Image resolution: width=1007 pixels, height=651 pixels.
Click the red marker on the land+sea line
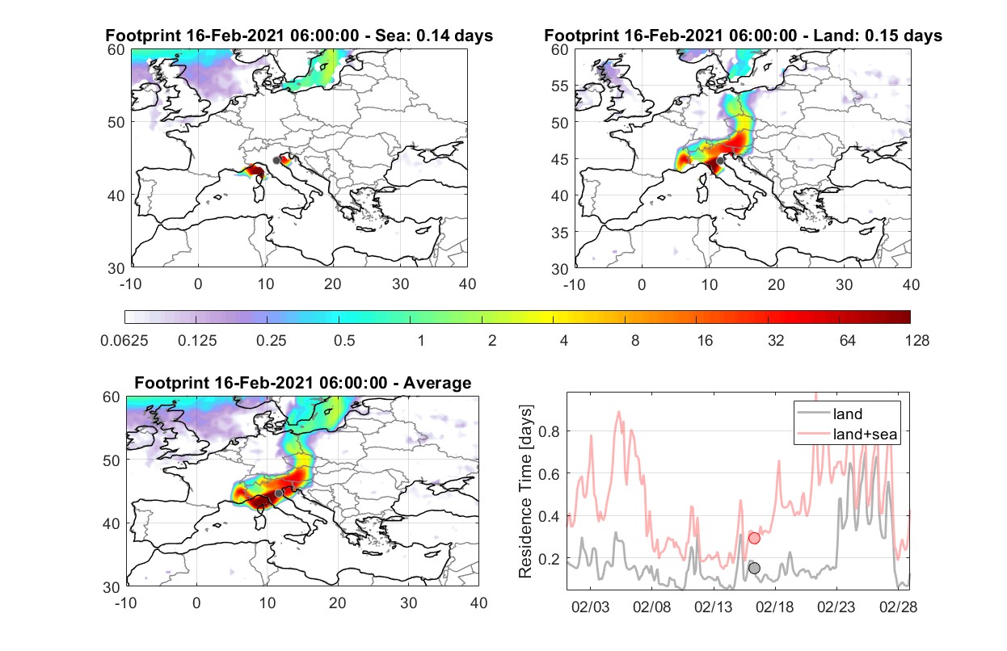pyautogui.click(x=754, y=538)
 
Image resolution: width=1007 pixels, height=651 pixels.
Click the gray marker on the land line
pyautogui.click(x=754, y=568)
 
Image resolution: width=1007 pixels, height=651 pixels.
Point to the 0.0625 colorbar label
pyautogui.click(x=124, y=341)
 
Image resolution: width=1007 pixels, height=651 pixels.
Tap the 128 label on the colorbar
pyautogui.click(x=916, y=341)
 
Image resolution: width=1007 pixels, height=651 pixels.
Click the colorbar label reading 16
pyautogui.click(x=705, y=341)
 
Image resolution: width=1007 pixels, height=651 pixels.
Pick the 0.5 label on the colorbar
pyautogui.click(x=344, y=341)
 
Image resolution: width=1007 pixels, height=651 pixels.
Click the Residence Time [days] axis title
pyautogui.click(x=525, y=492)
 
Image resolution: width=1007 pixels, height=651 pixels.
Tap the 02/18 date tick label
pyautogui.click(x=774, y=607)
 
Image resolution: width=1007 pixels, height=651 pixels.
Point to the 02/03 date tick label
pyautogui.click(x=590, y=607)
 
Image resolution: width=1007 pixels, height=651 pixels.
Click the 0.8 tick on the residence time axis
pyautogui.click(x=549, y=431)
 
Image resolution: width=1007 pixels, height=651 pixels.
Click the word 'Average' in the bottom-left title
pyautogui.click(x=437, y=383)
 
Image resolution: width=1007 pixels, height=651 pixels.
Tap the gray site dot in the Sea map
pyautogui.click(x=276, y=161)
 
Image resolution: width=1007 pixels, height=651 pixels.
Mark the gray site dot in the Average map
pyautogui.click(x=279, y=493)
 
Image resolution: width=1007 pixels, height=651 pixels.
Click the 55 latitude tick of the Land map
pyautogui.click(x=560, y=86)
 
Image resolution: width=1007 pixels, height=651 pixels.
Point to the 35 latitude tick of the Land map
pyautogui.click(x=560, y=233)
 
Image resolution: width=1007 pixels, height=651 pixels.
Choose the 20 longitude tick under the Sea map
pyautogui.click(x=333, y=284)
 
